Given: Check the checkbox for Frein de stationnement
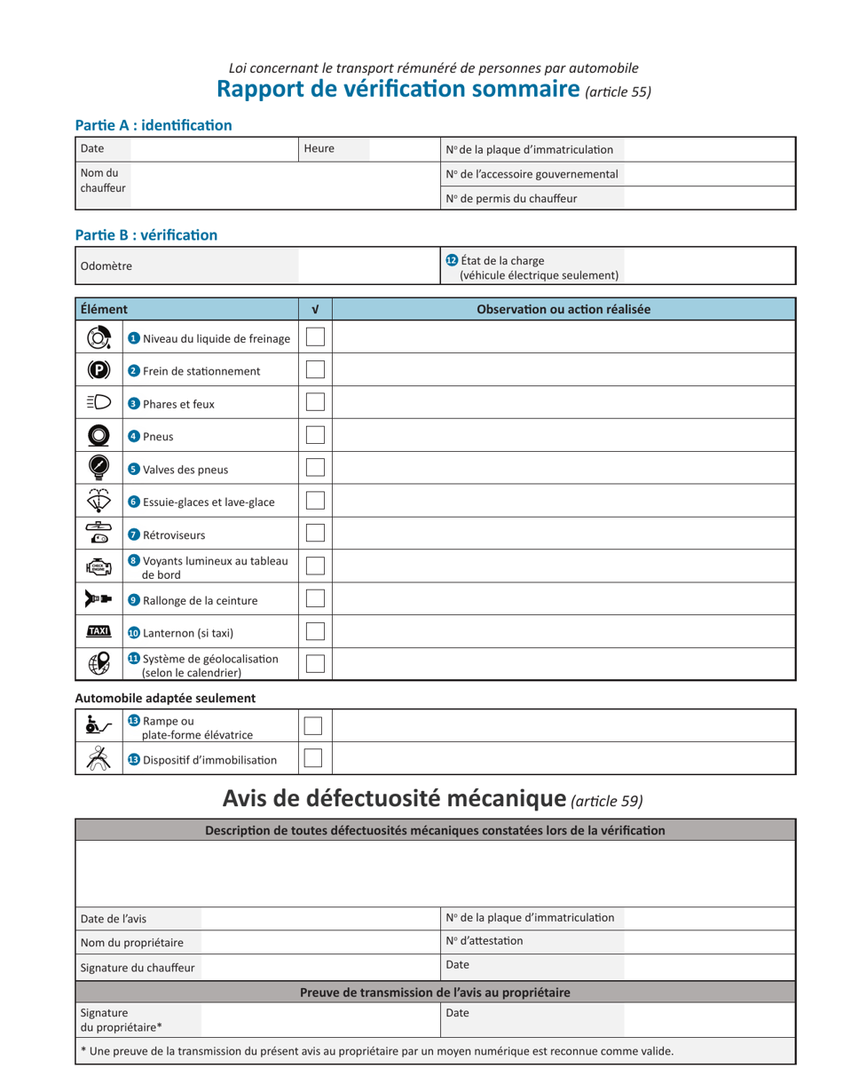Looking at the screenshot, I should click(315, 369).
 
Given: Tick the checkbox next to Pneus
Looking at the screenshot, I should click(315, 435).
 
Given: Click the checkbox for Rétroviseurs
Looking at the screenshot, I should click(315, 533).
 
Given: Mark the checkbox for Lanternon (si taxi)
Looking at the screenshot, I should click(315, 631).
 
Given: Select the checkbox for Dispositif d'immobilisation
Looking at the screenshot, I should click(312, 758).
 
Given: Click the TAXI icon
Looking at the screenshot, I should click(98, 631).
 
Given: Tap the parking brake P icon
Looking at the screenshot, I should click(98, 370).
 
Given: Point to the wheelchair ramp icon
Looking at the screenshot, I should click(98, 725).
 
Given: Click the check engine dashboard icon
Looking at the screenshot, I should click(98, 566).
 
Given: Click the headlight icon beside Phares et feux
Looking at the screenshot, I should click(98, 402).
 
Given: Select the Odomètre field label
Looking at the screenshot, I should click(106, 266).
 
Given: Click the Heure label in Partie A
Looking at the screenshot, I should click(319, 149).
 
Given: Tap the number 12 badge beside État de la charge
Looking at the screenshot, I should click(452, 260).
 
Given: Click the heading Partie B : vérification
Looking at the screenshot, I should click(146, 235).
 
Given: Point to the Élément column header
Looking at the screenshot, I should click(104, 309).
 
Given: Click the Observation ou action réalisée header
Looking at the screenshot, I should click(563, 309).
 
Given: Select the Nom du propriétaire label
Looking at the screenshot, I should click(131, 943).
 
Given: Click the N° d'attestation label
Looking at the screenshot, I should click(485, 941).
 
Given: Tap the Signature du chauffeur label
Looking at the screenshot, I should click(137, 968).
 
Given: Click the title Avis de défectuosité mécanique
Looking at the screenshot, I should click(393, 799).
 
